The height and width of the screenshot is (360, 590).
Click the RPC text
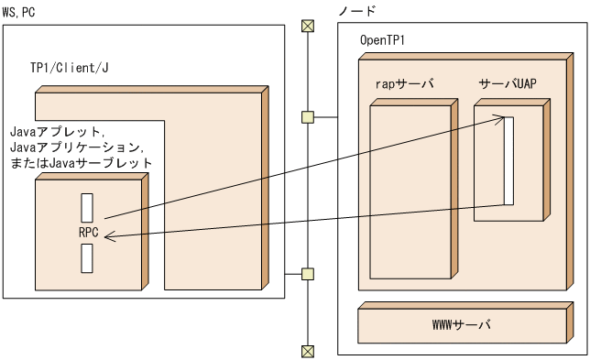pos(89,232)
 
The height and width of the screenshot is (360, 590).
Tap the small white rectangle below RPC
pos(87,257)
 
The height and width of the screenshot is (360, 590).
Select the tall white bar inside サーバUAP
pos(508,160)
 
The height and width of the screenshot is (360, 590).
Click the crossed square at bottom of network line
pos(308,349)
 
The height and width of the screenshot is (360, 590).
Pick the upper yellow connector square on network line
pos(308,116)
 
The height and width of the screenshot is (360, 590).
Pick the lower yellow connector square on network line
pos(308,272)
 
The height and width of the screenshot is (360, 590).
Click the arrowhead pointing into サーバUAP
pos(499,117)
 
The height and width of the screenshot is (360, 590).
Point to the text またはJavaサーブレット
pos(80,162)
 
